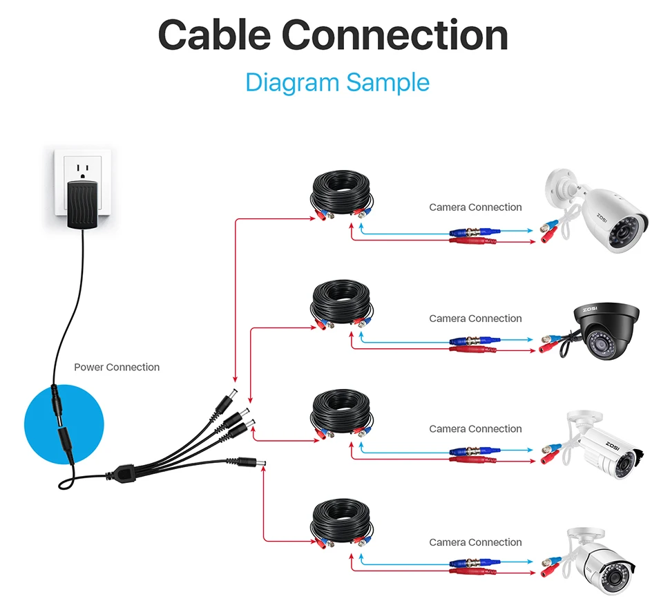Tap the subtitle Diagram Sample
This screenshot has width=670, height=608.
coord(337,82)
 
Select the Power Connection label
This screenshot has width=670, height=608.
coord(117,368)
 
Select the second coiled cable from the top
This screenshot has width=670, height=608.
coord(342,304)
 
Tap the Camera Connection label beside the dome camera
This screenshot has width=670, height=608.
coord(475,319)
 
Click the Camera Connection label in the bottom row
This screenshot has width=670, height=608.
coord(475,542)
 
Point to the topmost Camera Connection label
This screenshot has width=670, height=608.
coord(475,207)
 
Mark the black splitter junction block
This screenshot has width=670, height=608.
coord(122,475)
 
